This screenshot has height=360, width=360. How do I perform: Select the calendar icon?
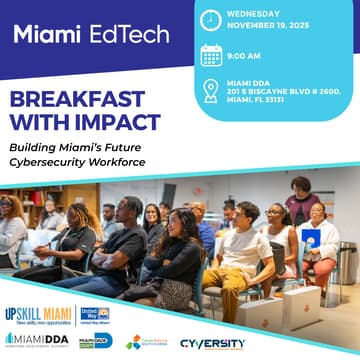(x=211, y=55)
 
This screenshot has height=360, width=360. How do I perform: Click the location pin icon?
(x=211, y=91)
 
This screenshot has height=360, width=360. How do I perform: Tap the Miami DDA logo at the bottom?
(x=37, y=341)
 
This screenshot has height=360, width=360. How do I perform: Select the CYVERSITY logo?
(x=213, y=343)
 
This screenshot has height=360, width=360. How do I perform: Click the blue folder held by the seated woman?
(x=312, y=237)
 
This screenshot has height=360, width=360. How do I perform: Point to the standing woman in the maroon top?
(x=300, y=200)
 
